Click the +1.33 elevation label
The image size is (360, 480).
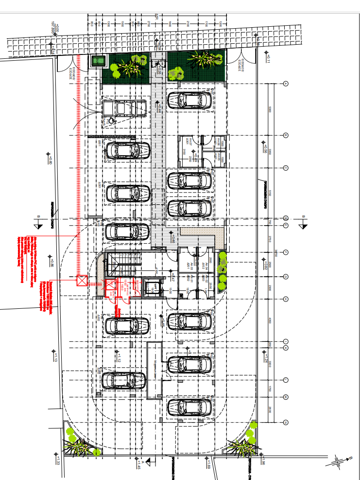57,460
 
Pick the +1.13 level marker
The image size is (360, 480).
55,357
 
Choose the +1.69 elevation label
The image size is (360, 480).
208,466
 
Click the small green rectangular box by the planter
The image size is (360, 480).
99,61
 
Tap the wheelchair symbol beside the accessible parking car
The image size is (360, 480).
112,120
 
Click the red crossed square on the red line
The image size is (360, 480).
82,280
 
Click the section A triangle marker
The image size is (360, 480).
148,461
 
